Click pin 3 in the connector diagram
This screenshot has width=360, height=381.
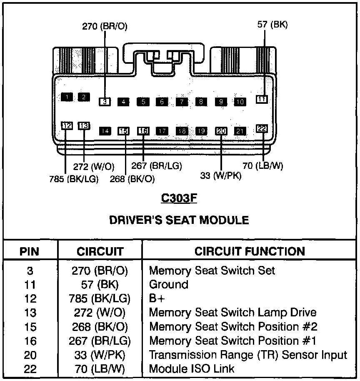point(105,101)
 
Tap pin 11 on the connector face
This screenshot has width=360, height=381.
point(262,99)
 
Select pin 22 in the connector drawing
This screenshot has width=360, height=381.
point(262,129)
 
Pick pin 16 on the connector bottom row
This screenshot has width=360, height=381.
point(143,131)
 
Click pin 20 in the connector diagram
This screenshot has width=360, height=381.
point(221,131)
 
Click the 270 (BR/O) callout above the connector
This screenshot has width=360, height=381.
point(105,26)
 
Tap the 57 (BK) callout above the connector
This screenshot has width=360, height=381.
point(272,25)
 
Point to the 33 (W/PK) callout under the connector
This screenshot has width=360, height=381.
point(221,175)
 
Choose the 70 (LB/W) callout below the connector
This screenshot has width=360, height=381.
point(262,165)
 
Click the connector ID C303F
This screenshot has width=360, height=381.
point(179,198)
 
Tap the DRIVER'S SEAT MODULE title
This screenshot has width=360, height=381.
point(179,220)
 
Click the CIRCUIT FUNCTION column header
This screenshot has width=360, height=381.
point(250,251)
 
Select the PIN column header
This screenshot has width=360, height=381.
point(30,252)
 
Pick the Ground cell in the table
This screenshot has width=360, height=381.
point(169,285)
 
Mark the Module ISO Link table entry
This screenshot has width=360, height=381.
point(192,369)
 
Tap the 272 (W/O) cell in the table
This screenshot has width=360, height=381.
point(99,313)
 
